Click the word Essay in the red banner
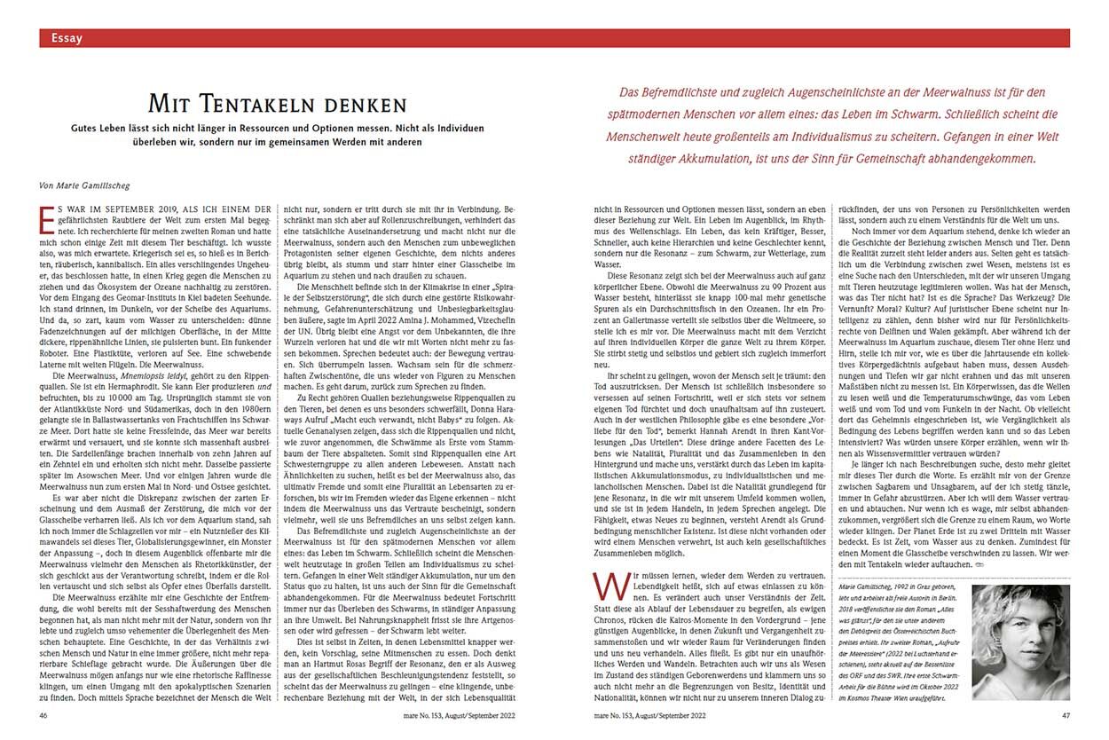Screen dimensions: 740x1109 coord(67,38)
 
